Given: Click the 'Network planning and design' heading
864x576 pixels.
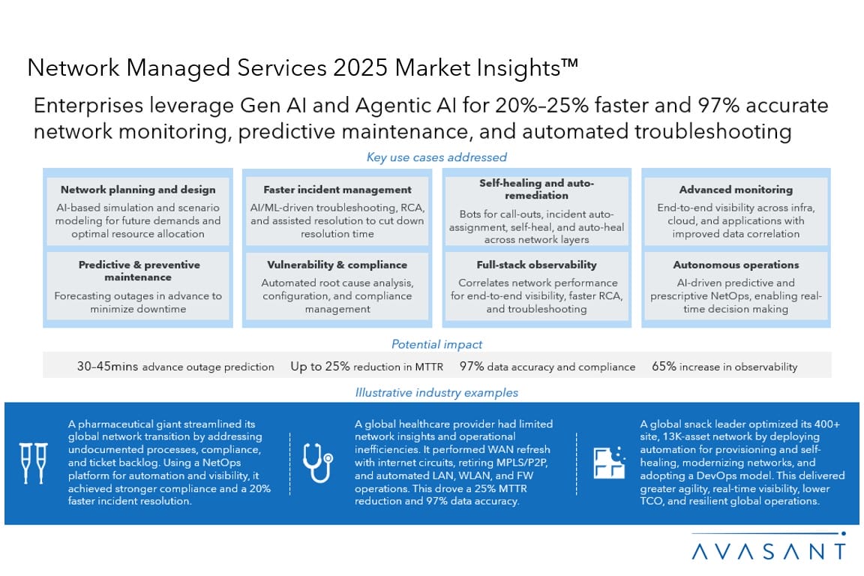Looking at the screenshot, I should (138, 190).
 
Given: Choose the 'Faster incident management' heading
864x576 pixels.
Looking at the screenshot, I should (337, 190).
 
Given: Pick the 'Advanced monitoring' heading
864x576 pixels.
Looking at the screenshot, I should (736, 190).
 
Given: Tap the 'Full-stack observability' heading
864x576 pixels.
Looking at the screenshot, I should (537, 265).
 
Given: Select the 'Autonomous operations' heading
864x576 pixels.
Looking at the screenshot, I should (736, 265).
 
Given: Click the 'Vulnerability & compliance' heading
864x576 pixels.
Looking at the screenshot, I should (337, 265).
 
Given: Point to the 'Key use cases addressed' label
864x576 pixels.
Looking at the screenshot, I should (436, 157).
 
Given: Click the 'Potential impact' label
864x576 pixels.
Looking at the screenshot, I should (436, 345).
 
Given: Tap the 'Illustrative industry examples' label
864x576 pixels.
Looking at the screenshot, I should (436, 392).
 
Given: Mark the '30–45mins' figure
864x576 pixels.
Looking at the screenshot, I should (107, 367).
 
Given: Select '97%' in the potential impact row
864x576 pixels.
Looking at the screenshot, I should (472, 367).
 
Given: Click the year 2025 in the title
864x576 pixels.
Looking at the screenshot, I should (358, 68).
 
